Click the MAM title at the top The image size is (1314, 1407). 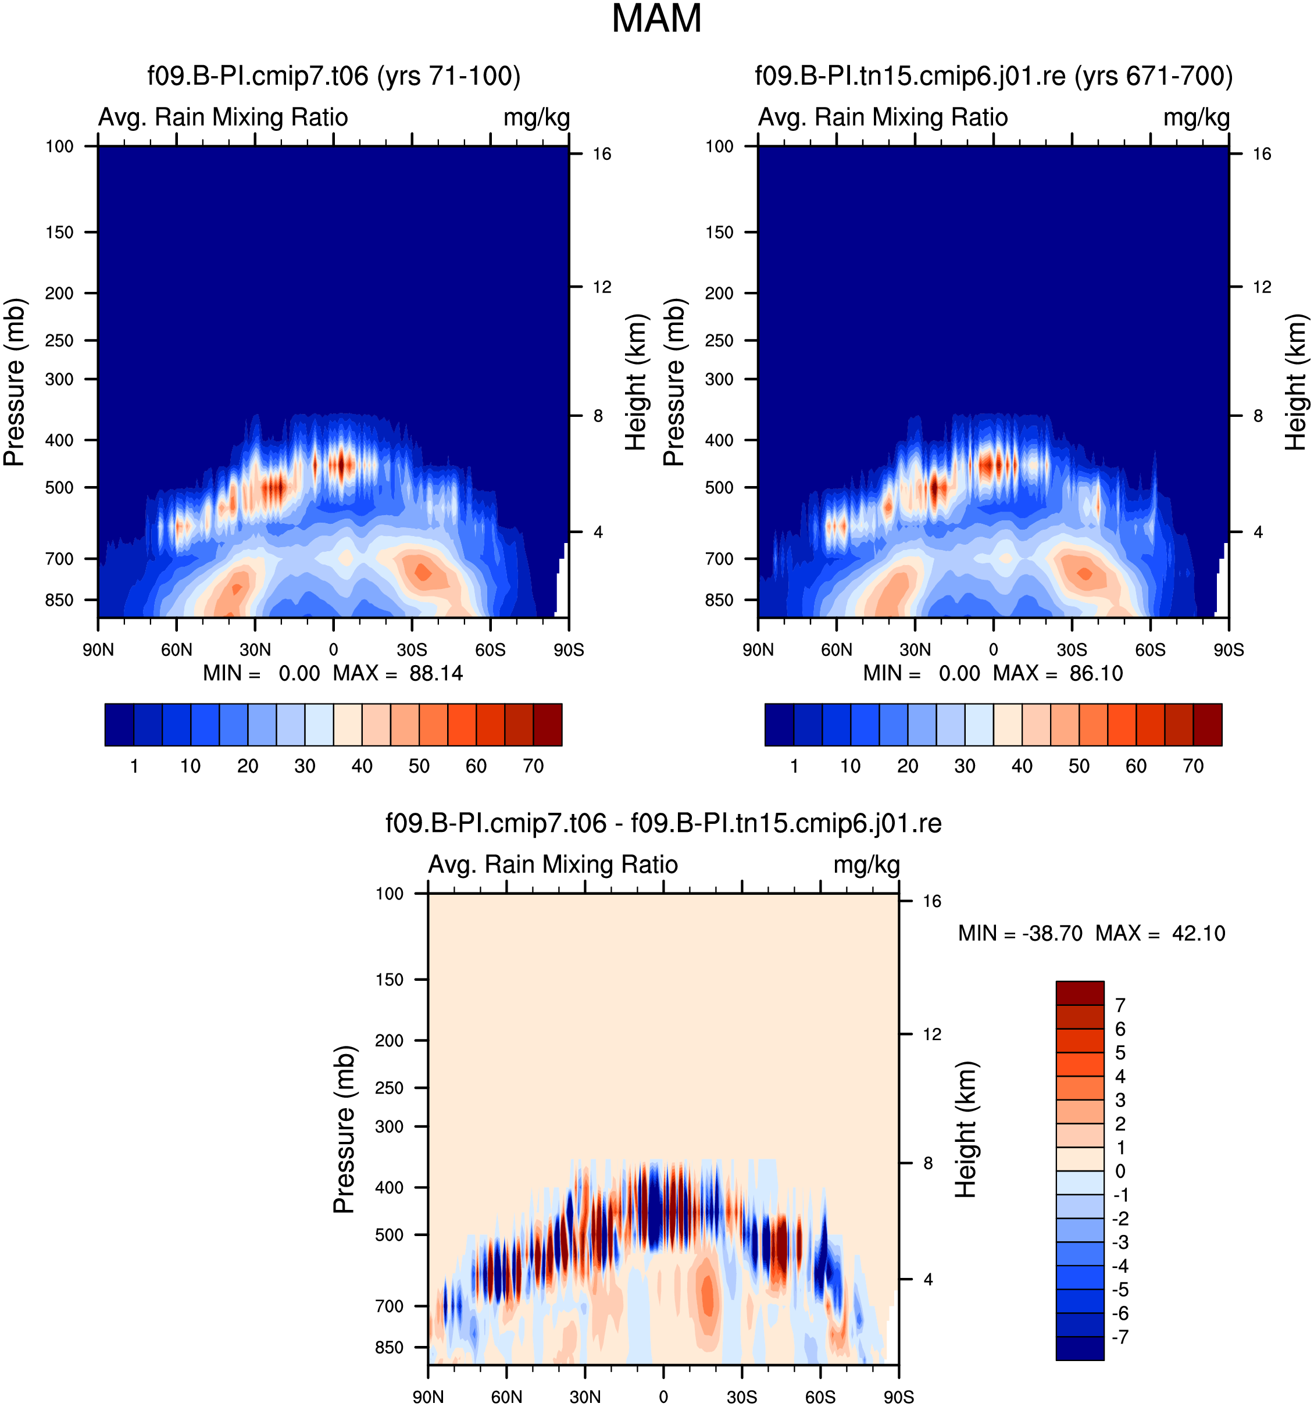656,19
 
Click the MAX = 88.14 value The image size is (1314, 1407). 398,673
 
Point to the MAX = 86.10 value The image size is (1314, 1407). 1058,673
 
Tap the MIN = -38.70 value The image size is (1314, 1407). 1020,934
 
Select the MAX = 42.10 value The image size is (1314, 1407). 1161,934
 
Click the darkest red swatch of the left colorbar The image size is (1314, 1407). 548,725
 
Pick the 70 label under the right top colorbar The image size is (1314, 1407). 1193,766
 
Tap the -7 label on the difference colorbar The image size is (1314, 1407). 1120,1337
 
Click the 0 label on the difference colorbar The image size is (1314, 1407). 1120,1172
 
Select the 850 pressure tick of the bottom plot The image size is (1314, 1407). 389,1348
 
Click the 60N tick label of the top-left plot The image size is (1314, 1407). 176,649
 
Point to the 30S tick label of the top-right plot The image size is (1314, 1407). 1072,649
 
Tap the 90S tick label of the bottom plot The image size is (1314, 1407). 899,1397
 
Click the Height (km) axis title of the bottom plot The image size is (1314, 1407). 966,1129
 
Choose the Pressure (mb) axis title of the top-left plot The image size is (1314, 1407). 14,382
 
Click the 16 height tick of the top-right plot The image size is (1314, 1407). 1262,154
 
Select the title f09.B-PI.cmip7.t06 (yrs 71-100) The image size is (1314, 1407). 334,76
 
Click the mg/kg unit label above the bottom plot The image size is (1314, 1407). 867,866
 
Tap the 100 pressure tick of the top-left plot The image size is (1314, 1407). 59,147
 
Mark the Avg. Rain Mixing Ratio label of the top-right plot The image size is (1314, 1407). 883,117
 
